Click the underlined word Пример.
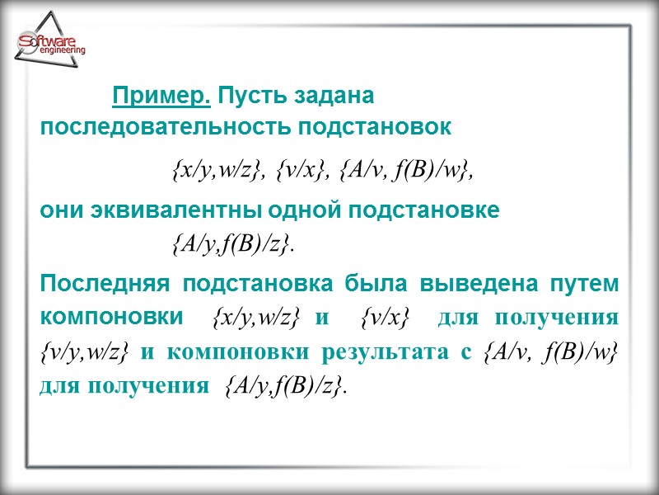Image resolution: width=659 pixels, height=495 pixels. tap(161, 97)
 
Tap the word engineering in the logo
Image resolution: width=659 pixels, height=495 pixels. tap(63, 51)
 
